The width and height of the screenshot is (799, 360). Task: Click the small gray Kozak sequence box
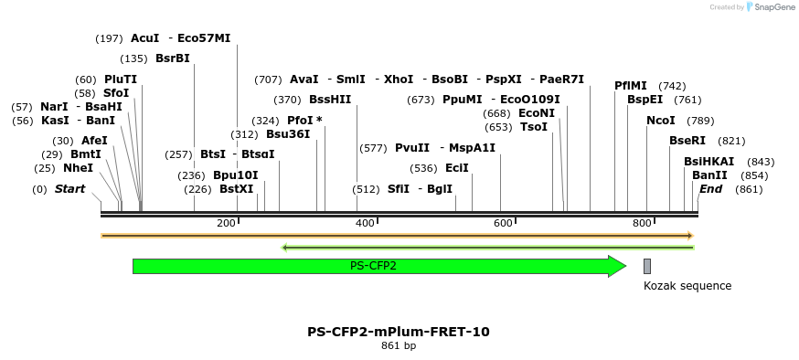pyautogui.click(x=647, y=266)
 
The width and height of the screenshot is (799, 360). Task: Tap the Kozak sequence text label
pyautogui.click(x=687, y=286)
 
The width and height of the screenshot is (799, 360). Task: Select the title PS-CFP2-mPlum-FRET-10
pyautogui.click(x=399, y=332)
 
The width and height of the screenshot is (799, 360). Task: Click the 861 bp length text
pyautogui.click(x=399, y=346)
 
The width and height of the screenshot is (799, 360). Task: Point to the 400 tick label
pyautogui.click(x=365, y=224)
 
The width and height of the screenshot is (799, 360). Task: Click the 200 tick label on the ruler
pyautogui.click(x=226, y=224)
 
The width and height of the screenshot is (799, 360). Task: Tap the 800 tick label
pyautogui.click(x=642, y=224)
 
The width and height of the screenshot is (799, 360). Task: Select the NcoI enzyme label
pyautogui.click(x=661, y=121)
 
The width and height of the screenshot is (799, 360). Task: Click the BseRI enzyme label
pyautogui.click(x=687, y=141)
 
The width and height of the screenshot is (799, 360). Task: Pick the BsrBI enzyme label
pyautogui.click(x=173, y=58)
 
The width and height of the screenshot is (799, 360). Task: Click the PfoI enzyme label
pyautogui.click(x=300, y=121)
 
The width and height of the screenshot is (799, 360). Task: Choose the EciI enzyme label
pyautogui.click(x=457, y=168)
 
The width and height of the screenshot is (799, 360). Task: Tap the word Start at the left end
pyautogui.click(x=69, y=189)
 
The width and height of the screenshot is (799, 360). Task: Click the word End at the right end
pyautogui.click(x=711, y=189)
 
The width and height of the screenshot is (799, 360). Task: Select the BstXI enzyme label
pyautogui.click(x=237, y=189)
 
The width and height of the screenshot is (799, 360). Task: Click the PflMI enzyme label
pyautogui.click(x=631, y=86)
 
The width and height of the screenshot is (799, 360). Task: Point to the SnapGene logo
pyautogui.click(x=770, y=7)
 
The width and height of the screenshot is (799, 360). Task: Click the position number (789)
pyautogui.click(x=700, y=121)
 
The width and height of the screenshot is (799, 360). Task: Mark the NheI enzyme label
pyautogui.click(x=79, y=168)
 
